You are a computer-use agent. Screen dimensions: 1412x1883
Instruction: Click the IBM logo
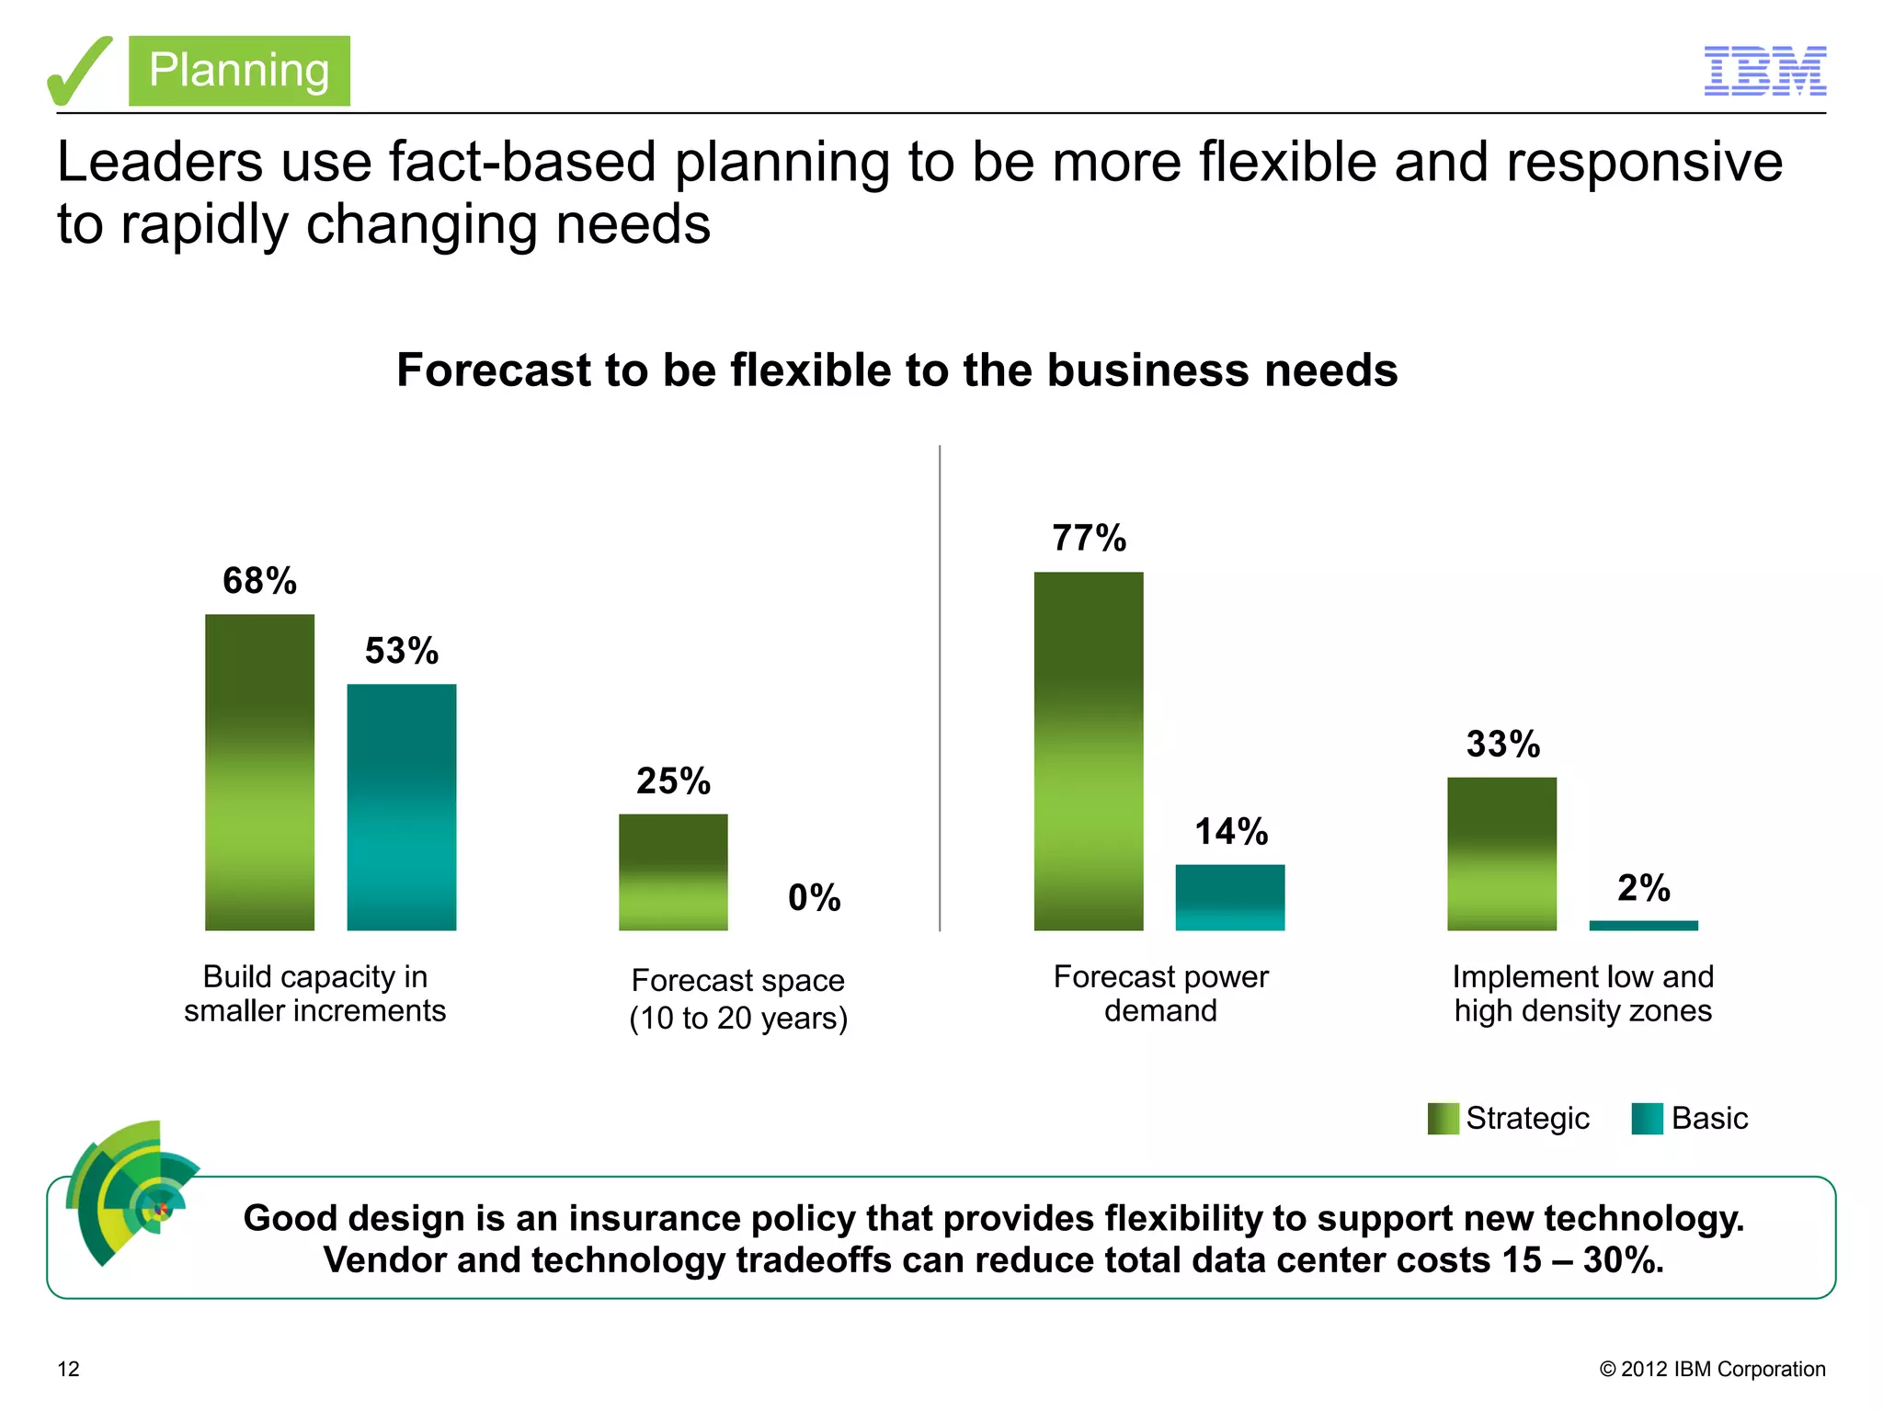pyautogui.click(x=1764, y=71)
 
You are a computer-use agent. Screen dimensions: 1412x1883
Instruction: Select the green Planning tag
pyautogui.click(x=239, y=71)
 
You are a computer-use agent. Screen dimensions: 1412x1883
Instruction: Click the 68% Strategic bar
pyautogui.click(x=259, y=772)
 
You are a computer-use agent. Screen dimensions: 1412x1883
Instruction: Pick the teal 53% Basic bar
pyautogui.click(x=401, y=807)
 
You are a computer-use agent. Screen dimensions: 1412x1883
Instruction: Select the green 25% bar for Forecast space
pyautogui.click(x=673, y=871)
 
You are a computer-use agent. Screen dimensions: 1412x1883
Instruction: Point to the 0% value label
pyautogui.click(x=814, y=897)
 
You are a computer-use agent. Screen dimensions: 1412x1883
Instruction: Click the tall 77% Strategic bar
pyautogui.click(x=1089, y=751)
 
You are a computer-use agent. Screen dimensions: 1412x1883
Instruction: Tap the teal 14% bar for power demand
pyautogui.click(x=1230, y=897)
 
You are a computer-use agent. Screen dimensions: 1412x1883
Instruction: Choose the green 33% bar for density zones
pyautogui.click(x=1501, y=854)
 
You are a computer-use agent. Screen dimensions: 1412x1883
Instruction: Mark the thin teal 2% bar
pyautogui.click(x=1643, y=926)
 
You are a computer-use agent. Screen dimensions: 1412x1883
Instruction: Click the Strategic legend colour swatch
pyautogui.click(x=1443, y=1119)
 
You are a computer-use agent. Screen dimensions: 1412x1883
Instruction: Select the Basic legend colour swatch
pyautogui.click(x=1647, y=1119)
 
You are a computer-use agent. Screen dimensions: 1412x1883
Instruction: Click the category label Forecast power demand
pyautogui.click(x=1160, y=993)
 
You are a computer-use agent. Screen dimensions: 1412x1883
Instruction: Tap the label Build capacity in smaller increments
pyautogui.click(x=314, y=993)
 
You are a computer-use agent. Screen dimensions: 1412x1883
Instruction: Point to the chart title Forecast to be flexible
pyautogui.click(x=896, y=370)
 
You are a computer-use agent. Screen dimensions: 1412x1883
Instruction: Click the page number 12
pyautogui.click(x=69, y=1369)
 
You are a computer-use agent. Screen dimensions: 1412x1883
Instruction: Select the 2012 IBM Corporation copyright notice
pyautogui.click(x=1712, y=1369)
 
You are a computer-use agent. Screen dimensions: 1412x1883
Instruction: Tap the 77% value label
pyautogui.click(x=1089, y=539)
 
